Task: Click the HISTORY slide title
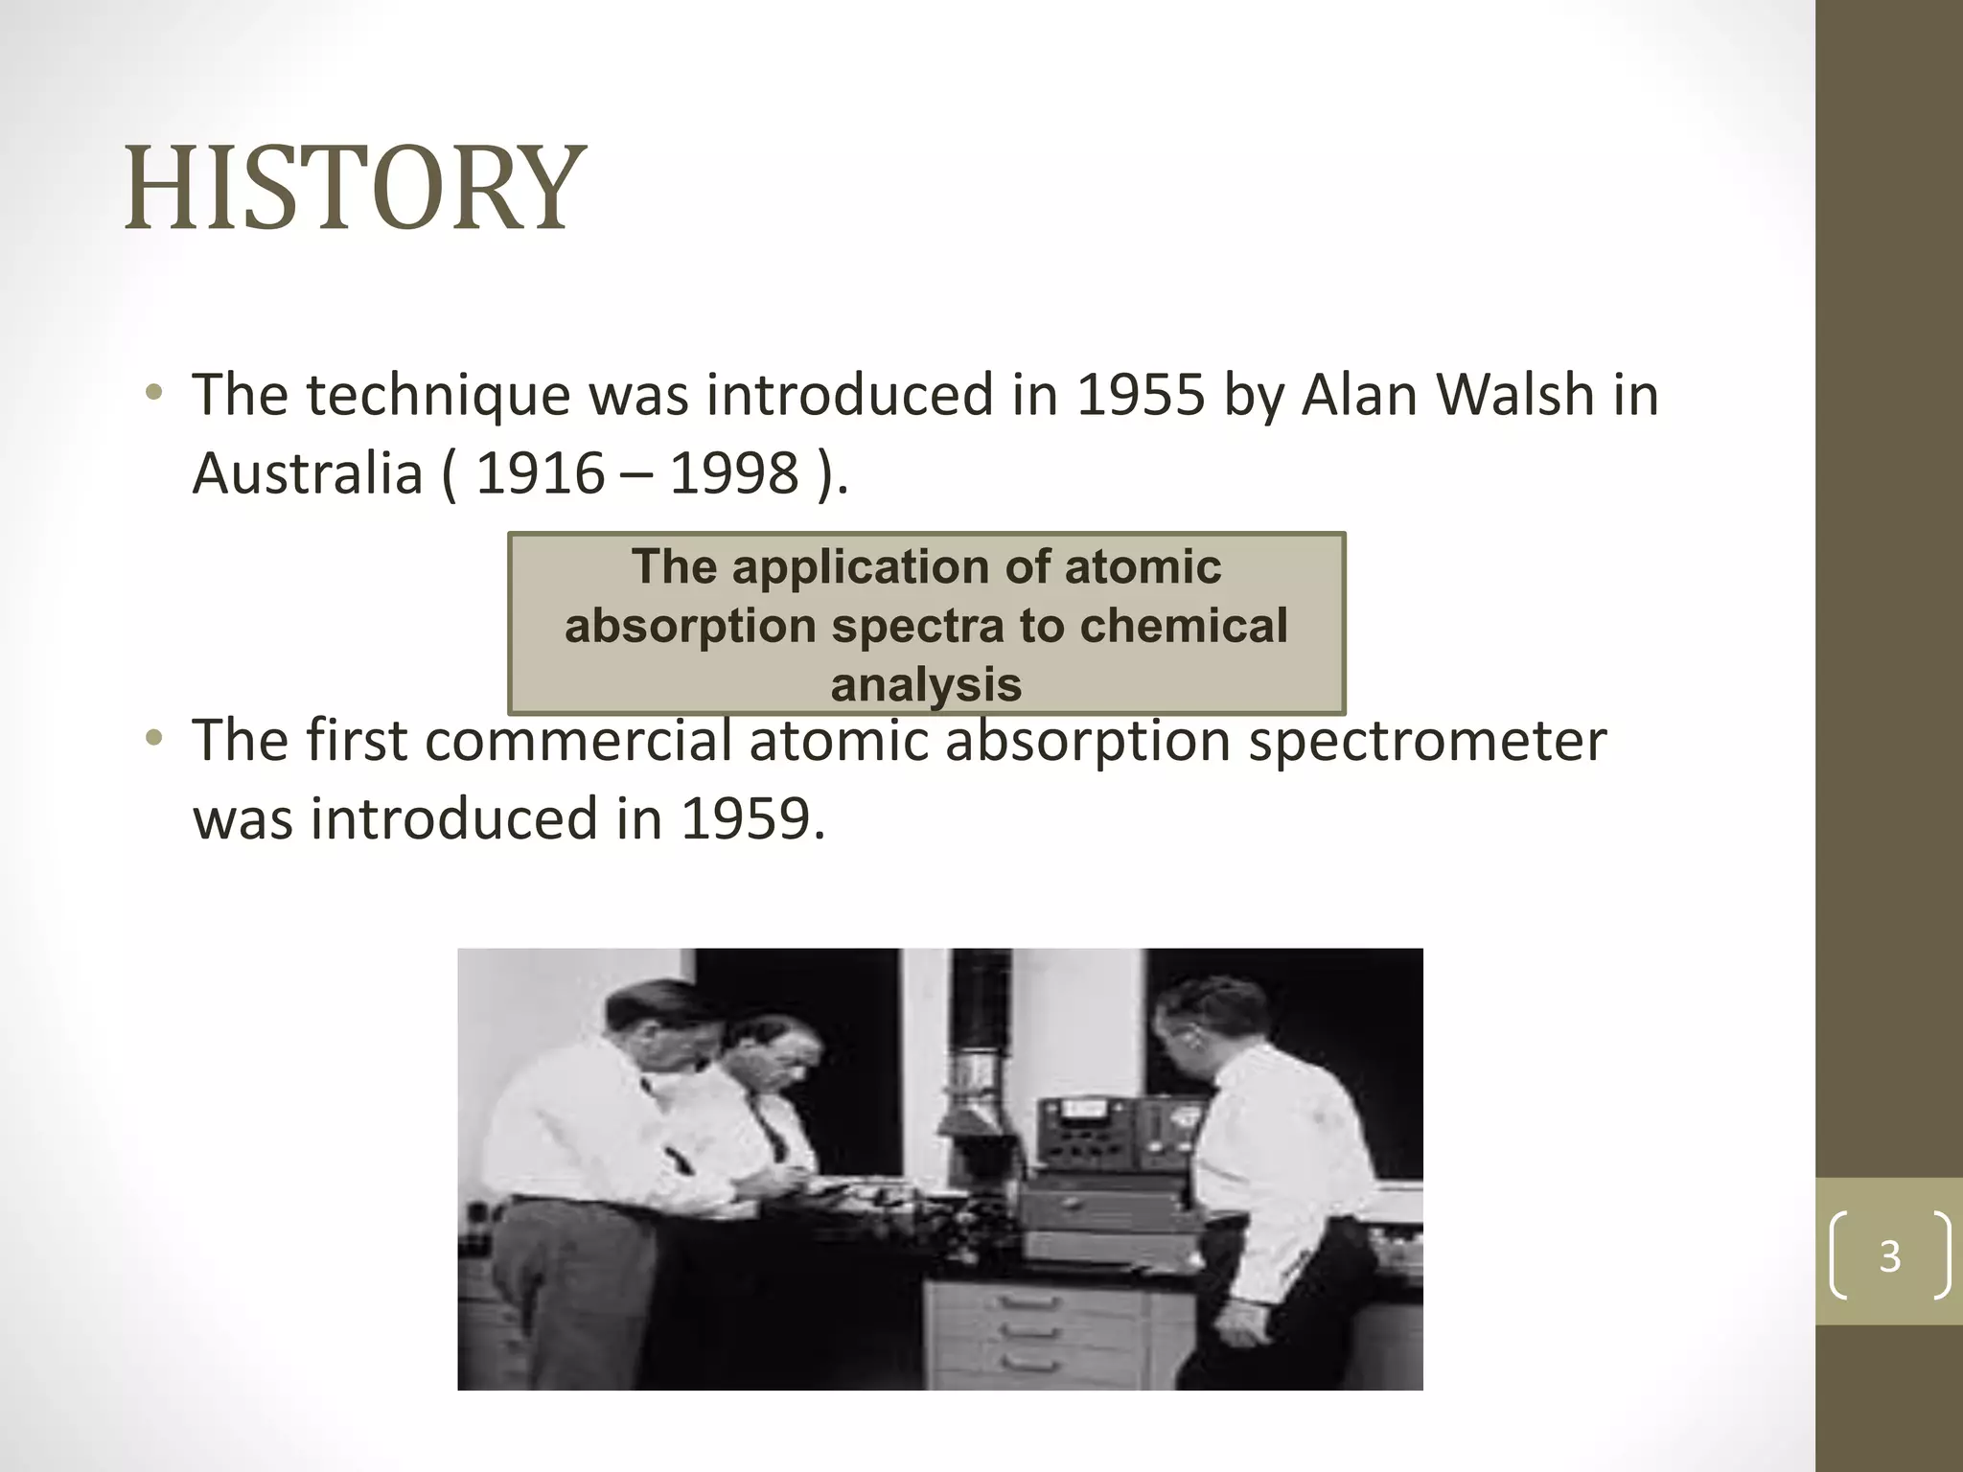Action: click(x=355, y=188)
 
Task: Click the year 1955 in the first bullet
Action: click(x=1140, y=395)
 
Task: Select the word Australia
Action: click(x=307, y=473)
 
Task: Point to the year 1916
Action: click(x=540, y=473)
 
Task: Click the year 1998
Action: click(x=734, y=473)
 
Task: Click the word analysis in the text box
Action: click(x=926, y=685)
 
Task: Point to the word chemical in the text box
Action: click(x=1183, y=626)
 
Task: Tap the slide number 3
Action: click(x=1889, y=1256)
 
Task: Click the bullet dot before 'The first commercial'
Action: click(x=153, y=739)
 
